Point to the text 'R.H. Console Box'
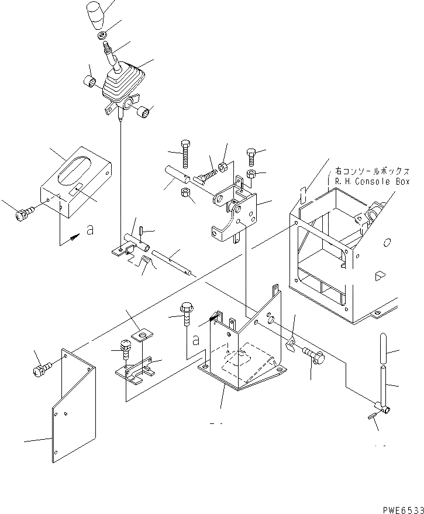pyautogui.click(x=373, y=181)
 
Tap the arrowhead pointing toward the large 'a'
pyautogui.click(x=74, y=237)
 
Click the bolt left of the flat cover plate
pyautogui.click(x=43, y=368)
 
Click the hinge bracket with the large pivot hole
pyautogui.click(x=237, y=213)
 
